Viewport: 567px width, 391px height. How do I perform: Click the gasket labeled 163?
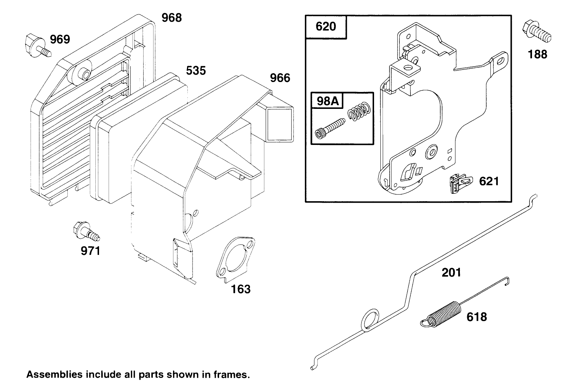click(x=235, y=260)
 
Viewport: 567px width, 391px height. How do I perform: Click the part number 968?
click(x=172, y=17)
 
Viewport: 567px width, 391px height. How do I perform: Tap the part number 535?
click(x=196, y=70)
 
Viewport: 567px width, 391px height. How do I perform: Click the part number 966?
click(x=280, y=78)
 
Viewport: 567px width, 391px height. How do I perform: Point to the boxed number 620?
click(x=326, y=27)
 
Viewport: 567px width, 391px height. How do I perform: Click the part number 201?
click(x=451, y=273)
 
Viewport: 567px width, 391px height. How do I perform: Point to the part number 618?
click(x=476, y=316)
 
